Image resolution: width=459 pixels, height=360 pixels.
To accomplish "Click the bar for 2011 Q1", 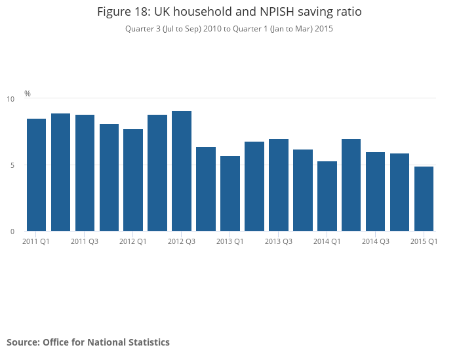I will pyautogui.click(x=36, y=175).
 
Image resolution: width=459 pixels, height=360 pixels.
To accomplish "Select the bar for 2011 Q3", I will pyautogui.click(x=85, y=173).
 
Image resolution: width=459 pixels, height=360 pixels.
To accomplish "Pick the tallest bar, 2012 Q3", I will pyautogui.click(x=182, y=171).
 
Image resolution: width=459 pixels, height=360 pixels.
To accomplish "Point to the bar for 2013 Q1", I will pyautogui.click(x=230, y=193).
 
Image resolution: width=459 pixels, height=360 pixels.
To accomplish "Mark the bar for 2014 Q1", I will pyautogui.click(x=327, y=196).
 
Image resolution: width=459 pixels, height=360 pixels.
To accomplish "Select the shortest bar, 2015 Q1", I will pyautogui.click(x=424, y=199).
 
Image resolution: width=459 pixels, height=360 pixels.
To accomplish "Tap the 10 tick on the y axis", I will pyautogui.click(x=10, y=99).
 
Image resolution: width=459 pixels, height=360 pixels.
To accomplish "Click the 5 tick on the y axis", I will pyautogui.click(x=12, y=165).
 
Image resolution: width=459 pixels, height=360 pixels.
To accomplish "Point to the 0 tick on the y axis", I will pyautogui.click(x=12, y=231).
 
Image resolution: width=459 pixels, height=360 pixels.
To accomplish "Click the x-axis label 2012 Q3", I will pyautogui.click(x=182, y=242).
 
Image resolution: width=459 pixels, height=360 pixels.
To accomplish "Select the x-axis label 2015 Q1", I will pyautogui.click(x=424, y=242).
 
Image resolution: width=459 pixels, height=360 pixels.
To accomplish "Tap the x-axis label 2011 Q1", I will pyautogui.click(x=36, y=242).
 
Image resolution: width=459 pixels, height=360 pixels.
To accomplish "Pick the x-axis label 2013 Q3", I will pyautogui.click(x=279, y=242).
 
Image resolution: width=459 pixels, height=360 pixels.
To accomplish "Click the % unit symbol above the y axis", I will pyautogui.click(x=28, y=94).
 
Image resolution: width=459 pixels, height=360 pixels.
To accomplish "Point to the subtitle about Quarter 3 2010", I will pyautogui.click(x=229, y=29).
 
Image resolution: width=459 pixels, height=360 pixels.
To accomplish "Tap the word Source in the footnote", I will pyautogui.click(x=22, y=342).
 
